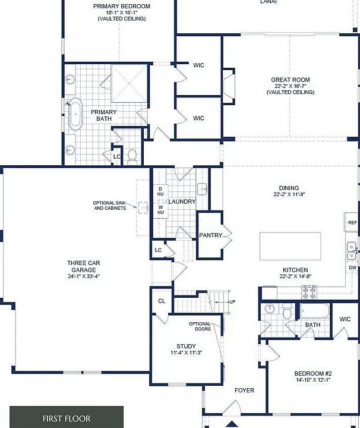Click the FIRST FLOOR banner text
(66, 418)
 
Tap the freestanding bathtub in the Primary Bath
(75, 116)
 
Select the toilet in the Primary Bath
(132, 156)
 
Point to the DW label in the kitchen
(353, 267)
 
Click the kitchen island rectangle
(290, 246)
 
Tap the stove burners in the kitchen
(310, 292)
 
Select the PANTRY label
(210, 235)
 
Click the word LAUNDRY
(182, 202)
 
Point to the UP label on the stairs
(232, 302)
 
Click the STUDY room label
(186, 346)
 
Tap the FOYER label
(244, 391)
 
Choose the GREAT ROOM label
(290, 80)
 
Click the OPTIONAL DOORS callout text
(200, 326)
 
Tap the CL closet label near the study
(162, 301)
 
